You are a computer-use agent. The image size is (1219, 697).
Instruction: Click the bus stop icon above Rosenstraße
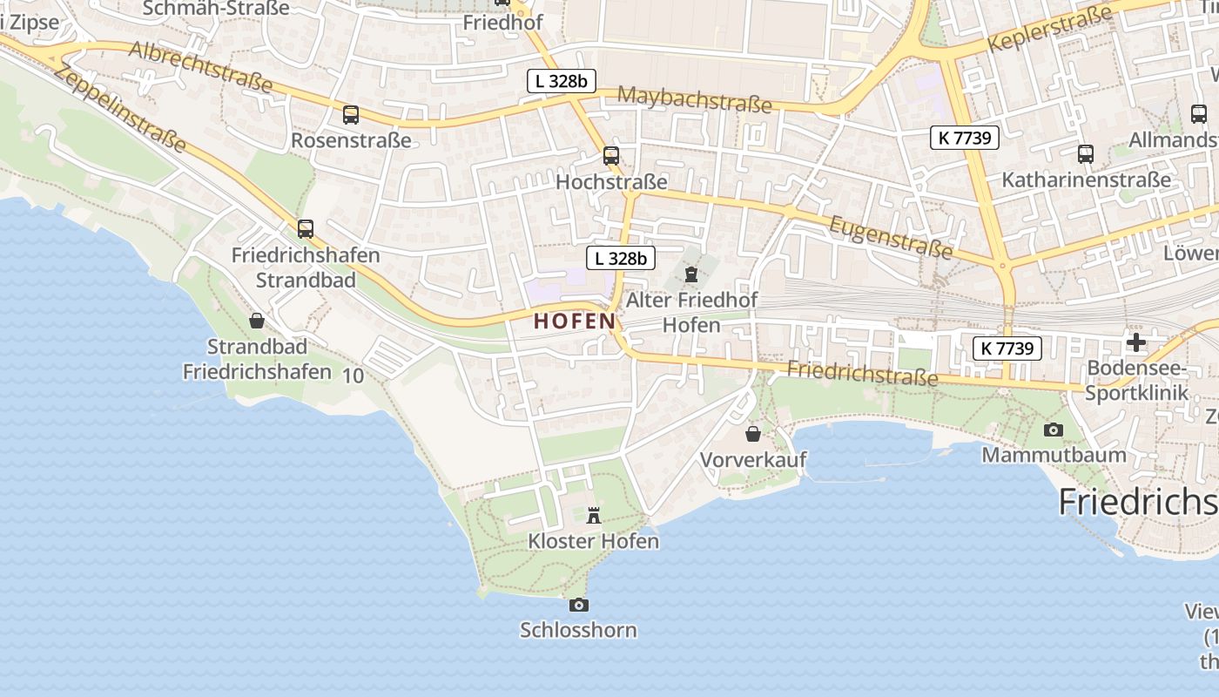[351, 114]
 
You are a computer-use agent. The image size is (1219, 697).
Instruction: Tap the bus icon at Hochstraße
[611, 156]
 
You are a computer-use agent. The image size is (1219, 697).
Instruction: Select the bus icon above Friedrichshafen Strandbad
[306, 229]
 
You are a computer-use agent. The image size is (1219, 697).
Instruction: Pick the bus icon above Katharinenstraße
[1086, 154]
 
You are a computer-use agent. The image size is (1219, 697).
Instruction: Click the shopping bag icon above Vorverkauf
[753, 433]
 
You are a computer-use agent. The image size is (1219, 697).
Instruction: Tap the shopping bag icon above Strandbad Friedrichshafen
[257, 321]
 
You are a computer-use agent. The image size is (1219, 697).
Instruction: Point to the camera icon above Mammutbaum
[1054, 430]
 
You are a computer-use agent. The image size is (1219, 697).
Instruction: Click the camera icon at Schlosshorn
[578, 605]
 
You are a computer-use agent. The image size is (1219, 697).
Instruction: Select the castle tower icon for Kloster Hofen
[594, 515]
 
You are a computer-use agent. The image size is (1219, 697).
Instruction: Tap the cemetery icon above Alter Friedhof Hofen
[691, 275]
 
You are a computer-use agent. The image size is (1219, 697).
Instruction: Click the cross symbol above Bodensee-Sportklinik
[1136, 342]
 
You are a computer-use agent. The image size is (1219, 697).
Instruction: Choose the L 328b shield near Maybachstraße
[562, 82]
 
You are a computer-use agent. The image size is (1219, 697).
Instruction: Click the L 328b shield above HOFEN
[621, 258]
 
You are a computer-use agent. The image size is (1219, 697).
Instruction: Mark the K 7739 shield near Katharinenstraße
[964, 137]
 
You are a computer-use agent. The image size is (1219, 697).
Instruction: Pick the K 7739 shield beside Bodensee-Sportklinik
[1007, 348]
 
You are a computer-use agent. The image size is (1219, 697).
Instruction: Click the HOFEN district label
[575, 321]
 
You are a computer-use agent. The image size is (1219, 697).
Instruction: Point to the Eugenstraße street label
[890, 237]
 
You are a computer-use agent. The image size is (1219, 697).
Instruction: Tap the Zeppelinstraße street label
[120, 107]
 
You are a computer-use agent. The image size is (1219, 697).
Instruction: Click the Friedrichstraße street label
[862, 373]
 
